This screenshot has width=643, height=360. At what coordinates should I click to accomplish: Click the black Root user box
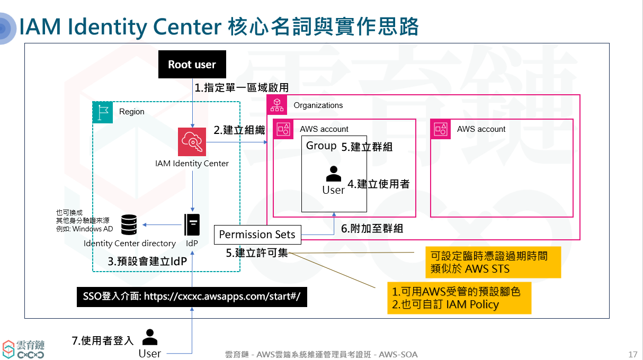pos(192,65)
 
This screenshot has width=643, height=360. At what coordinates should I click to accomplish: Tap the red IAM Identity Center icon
pos(192,142)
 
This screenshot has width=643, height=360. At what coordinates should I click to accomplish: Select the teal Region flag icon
pos(103,112)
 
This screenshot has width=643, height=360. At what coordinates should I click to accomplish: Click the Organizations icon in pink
pos(277,105)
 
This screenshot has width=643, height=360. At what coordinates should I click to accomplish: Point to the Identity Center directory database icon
pos(129,224)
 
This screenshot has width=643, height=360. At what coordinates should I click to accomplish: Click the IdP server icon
pos(192,224)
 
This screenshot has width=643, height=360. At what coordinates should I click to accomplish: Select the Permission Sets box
pos(257,235)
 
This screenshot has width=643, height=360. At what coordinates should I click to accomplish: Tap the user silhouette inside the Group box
pos(333,173)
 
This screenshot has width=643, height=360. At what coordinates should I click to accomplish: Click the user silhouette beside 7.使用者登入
pos(150,337)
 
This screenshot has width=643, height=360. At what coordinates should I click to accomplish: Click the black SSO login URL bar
pos(192,296)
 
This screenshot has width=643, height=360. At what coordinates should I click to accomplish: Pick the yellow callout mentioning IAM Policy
pos(459,298)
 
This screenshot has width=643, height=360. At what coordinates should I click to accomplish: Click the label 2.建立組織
pos(239,130)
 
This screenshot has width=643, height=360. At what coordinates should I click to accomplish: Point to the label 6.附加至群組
pos(372,229)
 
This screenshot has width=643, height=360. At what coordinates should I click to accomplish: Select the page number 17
pos(632,354)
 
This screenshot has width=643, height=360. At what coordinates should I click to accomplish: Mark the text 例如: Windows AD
pos(84,229)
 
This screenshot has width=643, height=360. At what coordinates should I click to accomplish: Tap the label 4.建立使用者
pos(378,184)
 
